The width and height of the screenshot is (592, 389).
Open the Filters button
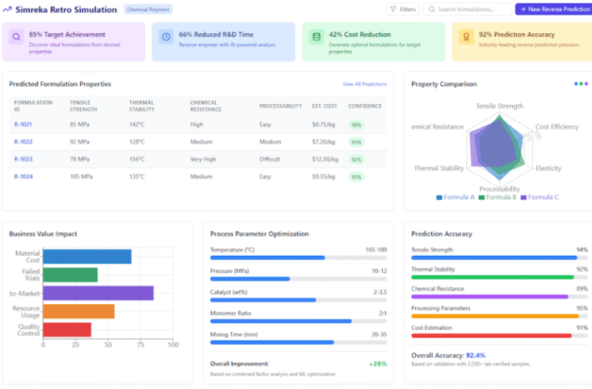[403, 9]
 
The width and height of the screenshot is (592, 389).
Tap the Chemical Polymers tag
[148, 9]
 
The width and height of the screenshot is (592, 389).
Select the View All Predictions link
[364, 84]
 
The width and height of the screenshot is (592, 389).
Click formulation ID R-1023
[23, 158]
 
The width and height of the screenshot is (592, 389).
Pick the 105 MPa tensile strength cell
[82, 177]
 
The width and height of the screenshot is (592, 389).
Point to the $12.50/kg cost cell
[324, 158]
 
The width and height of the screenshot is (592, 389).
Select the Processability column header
[279, 106]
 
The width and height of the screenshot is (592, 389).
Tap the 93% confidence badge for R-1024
[356, 177]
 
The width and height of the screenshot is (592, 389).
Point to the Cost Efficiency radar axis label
[557, 126]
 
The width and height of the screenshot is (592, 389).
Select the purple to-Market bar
[98, 292]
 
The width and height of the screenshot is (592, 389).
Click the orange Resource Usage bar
[78, 311]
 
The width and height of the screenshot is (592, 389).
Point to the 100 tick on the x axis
[173, 344]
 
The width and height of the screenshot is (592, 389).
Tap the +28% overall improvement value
[378, 363]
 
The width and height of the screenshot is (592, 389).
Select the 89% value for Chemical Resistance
[582, 288]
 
